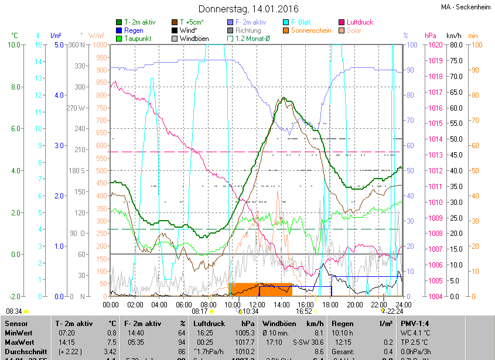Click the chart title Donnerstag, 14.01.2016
248,9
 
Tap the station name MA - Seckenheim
466,6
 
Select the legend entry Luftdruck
360,22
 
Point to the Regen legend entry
134,30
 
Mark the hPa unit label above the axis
431,36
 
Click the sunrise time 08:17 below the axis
200,311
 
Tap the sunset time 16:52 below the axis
303,311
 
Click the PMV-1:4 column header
415,323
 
